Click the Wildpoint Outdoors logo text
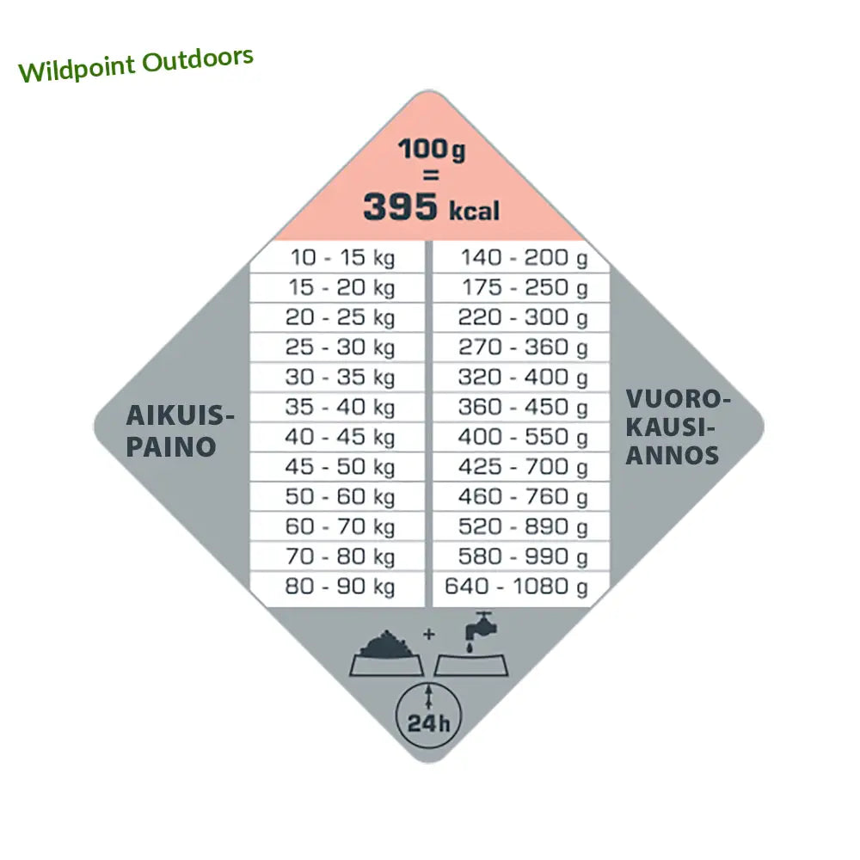pos(136,64)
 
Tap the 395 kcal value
pos(430,208)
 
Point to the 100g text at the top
pos(432,150)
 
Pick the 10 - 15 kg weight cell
pos(341,258)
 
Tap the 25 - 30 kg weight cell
pos(341,347)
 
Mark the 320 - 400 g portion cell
pos(523,378)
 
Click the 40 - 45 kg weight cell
pos(341,437)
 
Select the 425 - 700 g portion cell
pos(523,467)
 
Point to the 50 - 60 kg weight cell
pos(341,497)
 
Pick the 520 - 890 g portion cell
pos(523,527)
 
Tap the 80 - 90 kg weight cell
pos(341,587)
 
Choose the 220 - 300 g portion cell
pos(523,317)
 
